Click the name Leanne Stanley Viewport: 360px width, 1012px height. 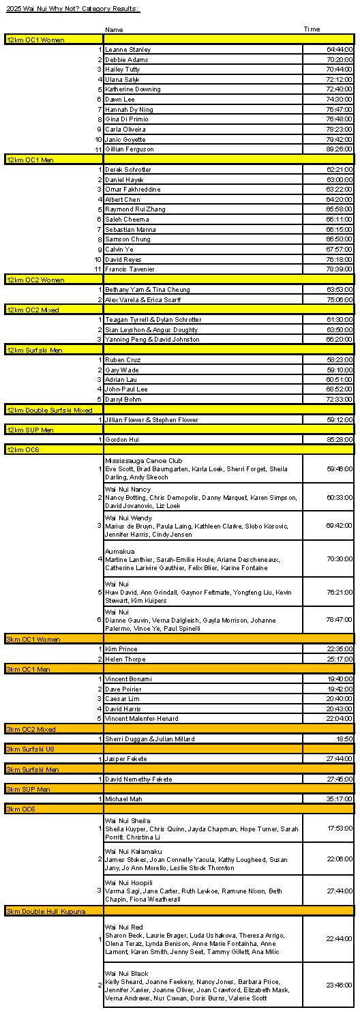tap(128, 50)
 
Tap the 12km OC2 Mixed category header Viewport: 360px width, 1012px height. tap(33, 310)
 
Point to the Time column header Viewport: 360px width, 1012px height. tap(312, 29)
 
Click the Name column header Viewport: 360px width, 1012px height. tap(114, 29)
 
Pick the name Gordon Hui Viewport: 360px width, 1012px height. tap(121, 439)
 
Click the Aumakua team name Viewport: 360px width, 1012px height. tap(120, 551)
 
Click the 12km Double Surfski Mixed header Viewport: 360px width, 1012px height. tap(49, 410)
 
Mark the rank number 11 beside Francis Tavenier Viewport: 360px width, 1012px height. tap(98, 269)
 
